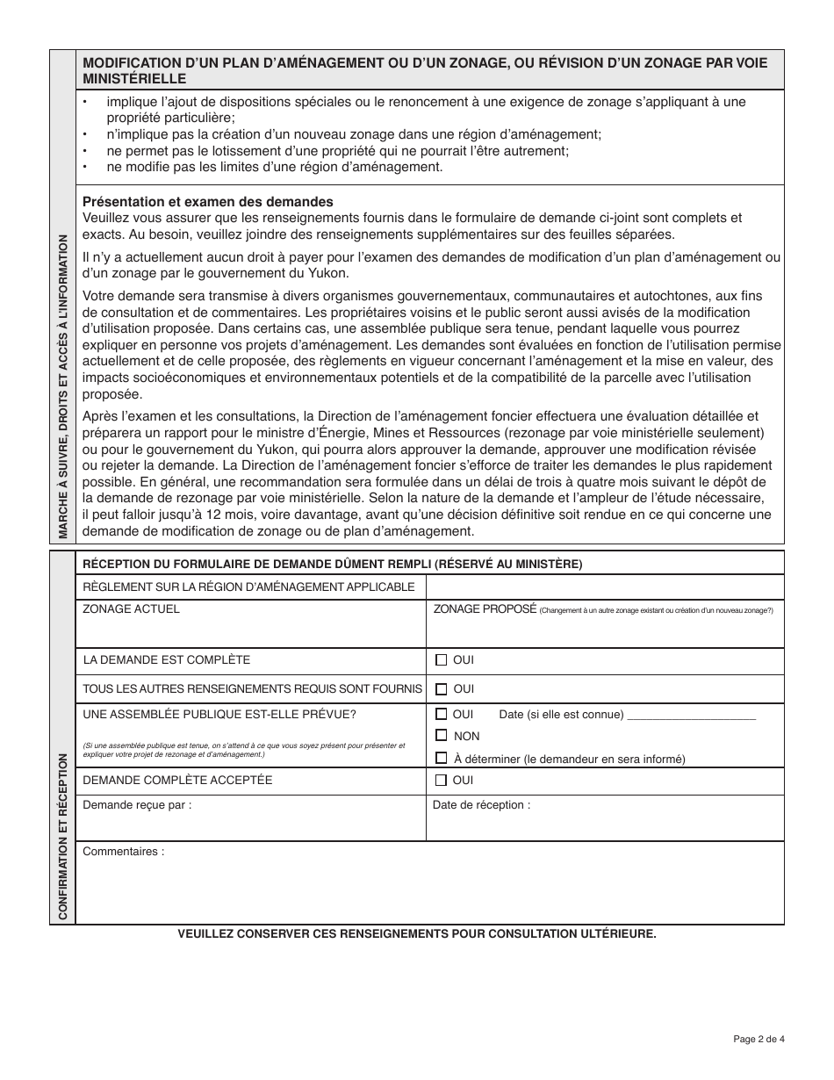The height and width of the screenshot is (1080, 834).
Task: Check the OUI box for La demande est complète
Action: (x=442, y=659)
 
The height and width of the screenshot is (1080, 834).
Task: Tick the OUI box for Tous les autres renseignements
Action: (x=442, y=689)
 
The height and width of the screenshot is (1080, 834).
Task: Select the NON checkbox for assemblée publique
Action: (x=442, y=736)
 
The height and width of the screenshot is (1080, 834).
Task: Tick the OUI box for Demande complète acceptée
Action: (x=442, y=780)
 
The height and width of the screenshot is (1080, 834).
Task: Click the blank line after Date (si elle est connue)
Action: (x=692, y=715)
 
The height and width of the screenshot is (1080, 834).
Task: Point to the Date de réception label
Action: (x=481, y=804)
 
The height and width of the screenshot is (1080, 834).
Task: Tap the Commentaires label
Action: (x=123, y=851)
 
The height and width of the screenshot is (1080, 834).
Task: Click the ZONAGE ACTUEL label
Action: (x=131, y=609)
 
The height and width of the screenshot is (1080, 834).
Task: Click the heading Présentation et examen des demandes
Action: (x=207, y=201)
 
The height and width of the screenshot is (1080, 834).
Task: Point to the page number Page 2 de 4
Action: (x=759, y=1040)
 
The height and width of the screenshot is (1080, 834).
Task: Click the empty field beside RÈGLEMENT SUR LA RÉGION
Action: (x=605, y=587)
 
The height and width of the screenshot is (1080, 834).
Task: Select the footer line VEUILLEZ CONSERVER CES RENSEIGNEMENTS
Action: (x=416, y=934)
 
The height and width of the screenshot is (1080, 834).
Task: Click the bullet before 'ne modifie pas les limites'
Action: (x=85, y=167)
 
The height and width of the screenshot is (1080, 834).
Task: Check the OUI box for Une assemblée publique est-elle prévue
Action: (x=442, y=714)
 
